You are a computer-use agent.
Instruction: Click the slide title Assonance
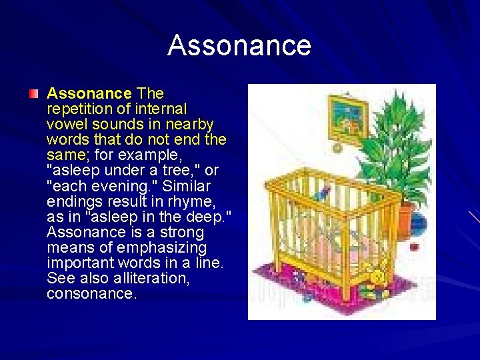(x=239, y=46)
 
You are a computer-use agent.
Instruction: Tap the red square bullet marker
(x=34, y=93)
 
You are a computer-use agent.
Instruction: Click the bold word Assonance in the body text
(x=89, y=93)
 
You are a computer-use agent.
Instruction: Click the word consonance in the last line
(x=92, y=293)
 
